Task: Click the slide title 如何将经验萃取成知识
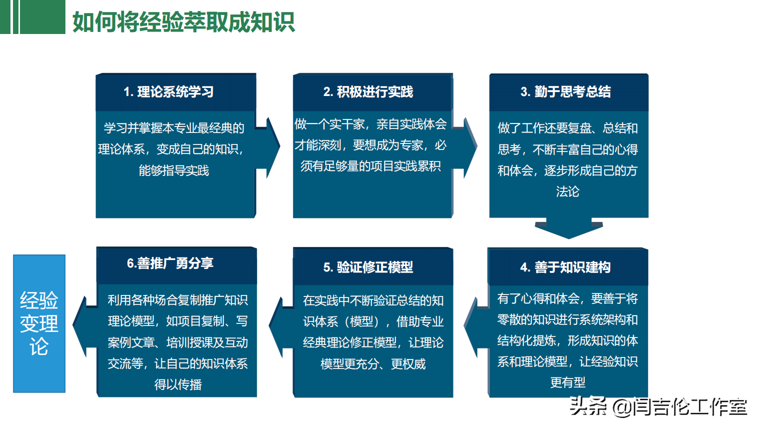tap(184, 22)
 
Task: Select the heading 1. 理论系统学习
tap(169, 92)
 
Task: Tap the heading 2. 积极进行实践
tap(368, 92)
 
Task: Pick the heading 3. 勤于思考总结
tap(566, 91)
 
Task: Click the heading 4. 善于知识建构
tap(565, 267)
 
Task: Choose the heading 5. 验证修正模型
tap(368, 267)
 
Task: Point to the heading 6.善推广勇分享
tap(170, 263)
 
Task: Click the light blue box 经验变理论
tap(39, 323)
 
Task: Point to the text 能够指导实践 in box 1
tap(174, 170)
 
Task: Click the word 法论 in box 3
tap(568, 191)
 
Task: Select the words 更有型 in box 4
tap(568, 382)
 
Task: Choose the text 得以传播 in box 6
tap(178, 384)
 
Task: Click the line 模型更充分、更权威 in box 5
tap(373, 364)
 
